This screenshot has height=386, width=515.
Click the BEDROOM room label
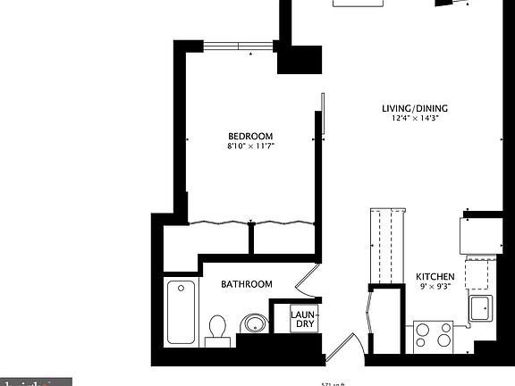(250, 135)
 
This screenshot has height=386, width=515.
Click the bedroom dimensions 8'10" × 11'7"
(250, 145)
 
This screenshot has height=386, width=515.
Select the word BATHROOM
(247, 284)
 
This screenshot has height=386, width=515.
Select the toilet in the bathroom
(217, 328)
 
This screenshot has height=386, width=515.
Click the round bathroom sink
(255, 323)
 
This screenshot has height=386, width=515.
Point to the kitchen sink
(480, 309)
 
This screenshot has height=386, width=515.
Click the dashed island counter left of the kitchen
(386, 245)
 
